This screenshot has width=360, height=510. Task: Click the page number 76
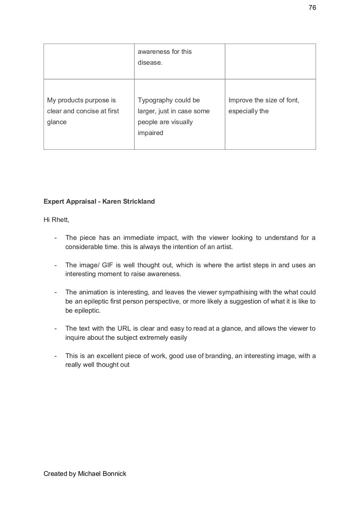[312, 8]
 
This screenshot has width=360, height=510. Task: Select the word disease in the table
[149, 63]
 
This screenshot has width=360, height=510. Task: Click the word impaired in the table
[150, 133]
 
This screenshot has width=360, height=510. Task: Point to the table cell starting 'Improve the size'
[270, 114]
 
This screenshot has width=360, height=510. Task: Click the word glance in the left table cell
[57, 122]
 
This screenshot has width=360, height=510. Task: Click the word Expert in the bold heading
[54, 202]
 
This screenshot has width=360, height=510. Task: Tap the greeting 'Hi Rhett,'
[56, 220]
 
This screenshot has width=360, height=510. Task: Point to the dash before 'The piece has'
[56, 238]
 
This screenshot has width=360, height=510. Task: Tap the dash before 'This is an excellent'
[56, 356]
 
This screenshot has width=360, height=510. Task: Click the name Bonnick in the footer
[114, 474]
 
